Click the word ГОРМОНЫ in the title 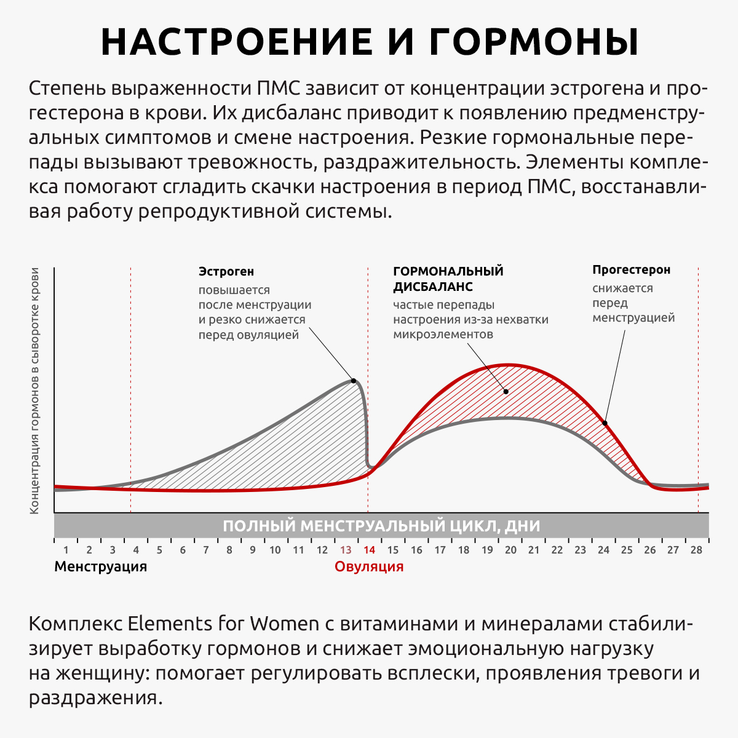click(x=534, y=42)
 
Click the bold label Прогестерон click(x=631, y=269)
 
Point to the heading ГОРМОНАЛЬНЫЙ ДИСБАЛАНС click(x=448, y=279)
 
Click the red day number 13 click(x=346, y=550)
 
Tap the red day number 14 click(x=369, y=550)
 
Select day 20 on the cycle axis click(x=510, y=550)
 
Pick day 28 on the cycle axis click(x=696, y=550)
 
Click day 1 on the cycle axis click(x=66, y=550)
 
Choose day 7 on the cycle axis click(x=206, y=550)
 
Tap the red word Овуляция click(x=369, y=566)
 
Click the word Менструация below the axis click(x=101, y=566)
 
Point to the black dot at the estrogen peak click(x=354, y=381)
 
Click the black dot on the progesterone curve click(x=605, y=423)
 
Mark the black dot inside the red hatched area click(x=506, y=391)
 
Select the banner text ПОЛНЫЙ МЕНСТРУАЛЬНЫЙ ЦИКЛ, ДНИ click(x=381, y=526)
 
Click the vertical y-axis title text click(x=35, y=391)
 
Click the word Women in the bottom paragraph click(x=284, y=624)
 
